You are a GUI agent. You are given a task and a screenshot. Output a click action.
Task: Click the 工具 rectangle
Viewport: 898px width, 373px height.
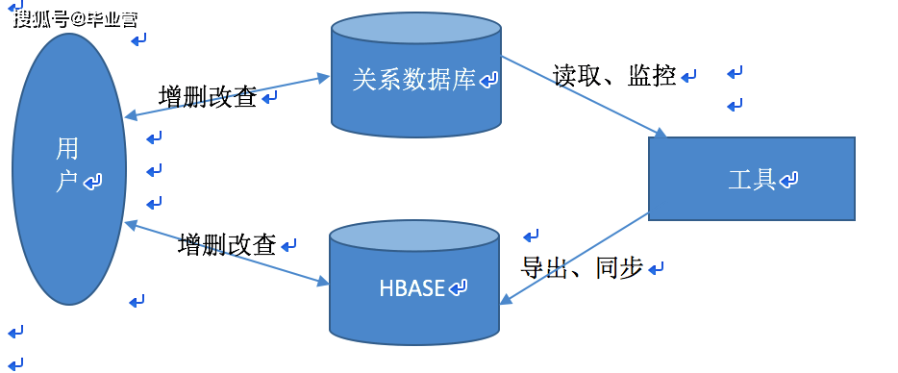(751, 179)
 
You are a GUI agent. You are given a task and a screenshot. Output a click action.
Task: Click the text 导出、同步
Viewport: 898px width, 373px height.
(582, 268)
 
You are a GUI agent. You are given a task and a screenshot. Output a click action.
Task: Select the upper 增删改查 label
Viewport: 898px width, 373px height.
(208, 97)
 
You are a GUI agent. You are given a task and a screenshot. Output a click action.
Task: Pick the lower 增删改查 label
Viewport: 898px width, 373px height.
(227, 245)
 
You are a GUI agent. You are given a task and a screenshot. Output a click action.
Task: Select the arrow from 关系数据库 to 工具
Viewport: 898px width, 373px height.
(583, 95)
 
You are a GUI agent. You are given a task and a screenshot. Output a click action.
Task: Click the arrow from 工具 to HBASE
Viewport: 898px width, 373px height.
(574, 259)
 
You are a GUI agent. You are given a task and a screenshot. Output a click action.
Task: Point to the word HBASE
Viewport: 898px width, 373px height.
(412, 288)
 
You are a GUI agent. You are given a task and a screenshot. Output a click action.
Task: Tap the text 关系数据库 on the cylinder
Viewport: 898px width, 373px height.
(414, 81)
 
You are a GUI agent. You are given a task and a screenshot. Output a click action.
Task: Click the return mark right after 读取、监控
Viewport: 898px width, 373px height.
(690, 77)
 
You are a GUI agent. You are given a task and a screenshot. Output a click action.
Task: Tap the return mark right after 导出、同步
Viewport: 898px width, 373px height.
(657, 269)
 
